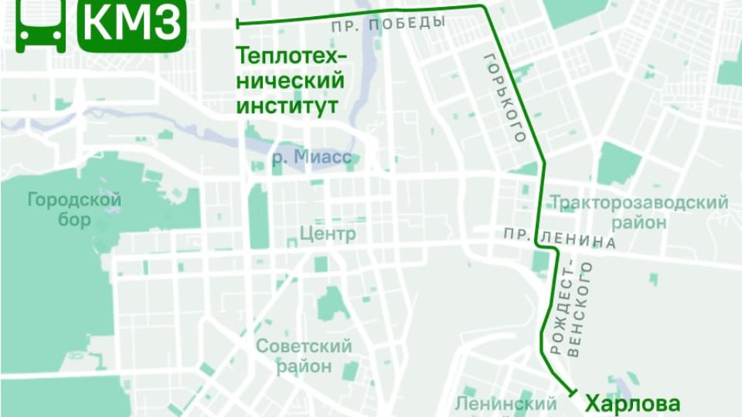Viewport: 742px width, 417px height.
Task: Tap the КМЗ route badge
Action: pyautogui.click(x=132, y=25)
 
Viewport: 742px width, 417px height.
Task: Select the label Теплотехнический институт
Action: pyautogui.click(x=289, y=80)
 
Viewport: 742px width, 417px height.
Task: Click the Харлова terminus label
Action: pyautogui.click(x=632, y=403)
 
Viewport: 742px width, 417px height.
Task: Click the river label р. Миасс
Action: pyautogui.click(x=311, y=159)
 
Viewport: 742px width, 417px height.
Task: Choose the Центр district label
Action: pyautogui.click(x=327, y=234)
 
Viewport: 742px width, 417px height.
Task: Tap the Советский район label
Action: pyautogui.click(x=304, y=355)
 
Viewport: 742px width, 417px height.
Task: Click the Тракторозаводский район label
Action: pyautogui.click(x=638, y=212)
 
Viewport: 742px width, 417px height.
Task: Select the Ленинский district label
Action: pyautogui.click(x=505, y=404)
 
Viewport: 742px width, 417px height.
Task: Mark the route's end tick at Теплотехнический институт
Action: pyautogui.click(x=237, y=24)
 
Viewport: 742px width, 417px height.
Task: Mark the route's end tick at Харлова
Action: pyautogui.click(x=573, y=393)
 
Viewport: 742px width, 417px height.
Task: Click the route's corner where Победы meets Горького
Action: pyautogui.click(x=485, y=7)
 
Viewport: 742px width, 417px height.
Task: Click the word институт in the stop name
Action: pyautogui.click(x=287, y=105)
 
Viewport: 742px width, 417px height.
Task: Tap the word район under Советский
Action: pyautogui.click(x=304, y=365)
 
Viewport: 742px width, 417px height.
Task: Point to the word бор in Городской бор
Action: pyautogui.click(x=74, y=220)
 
